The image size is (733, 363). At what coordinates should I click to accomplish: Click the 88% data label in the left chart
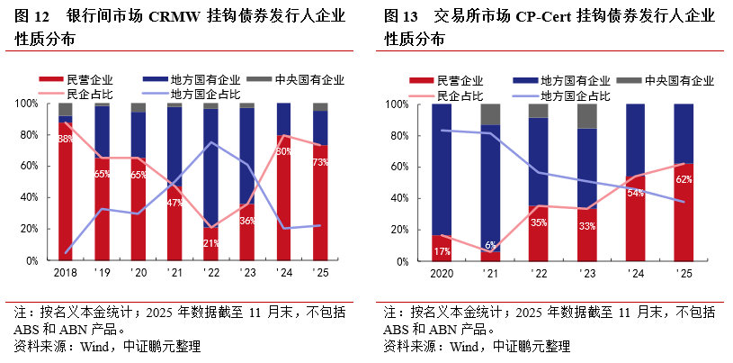pos(66,140)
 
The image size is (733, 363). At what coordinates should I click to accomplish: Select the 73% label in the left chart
pos(320,162)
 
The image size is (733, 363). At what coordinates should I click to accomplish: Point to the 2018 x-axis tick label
pos(65,271)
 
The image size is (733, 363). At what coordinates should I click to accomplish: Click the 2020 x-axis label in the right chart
pos(442,271)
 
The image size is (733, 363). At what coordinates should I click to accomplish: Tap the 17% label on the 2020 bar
pos(442,251)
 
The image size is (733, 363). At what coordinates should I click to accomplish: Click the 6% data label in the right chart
pos(491,245)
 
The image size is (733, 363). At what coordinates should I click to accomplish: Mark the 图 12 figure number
pos(33,16)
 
